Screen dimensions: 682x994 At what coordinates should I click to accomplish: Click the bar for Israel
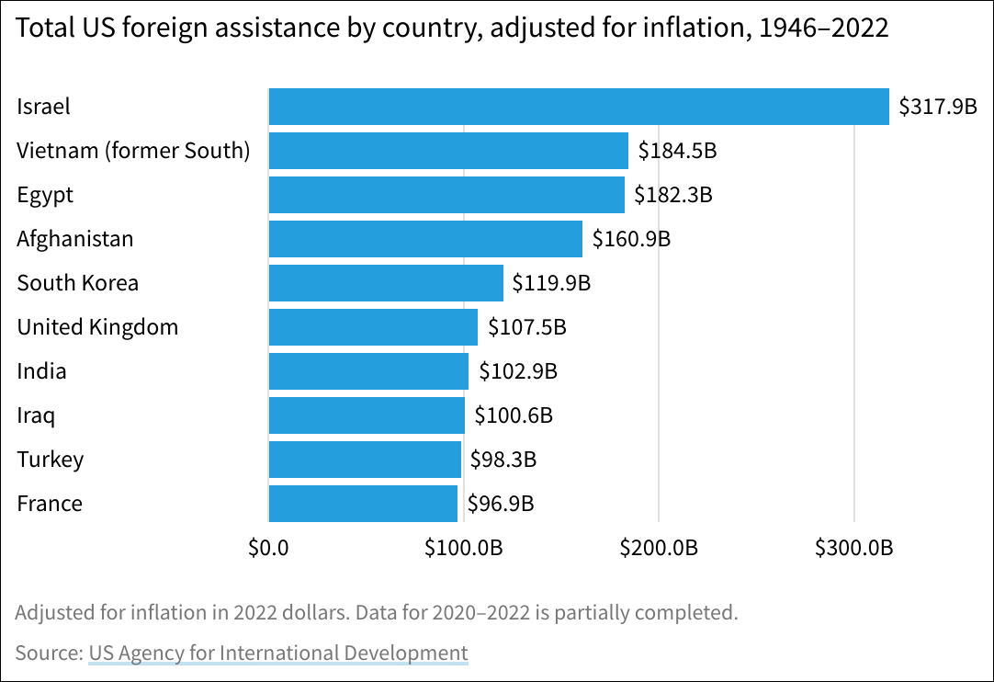pos(579,107)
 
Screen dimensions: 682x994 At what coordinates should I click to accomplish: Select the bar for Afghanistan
pos(425,239)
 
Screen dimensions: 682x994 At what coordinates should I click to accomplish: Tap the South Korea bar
pos(386,283)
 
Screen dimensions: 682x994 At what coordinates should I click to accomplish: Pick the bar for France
pos(363,504)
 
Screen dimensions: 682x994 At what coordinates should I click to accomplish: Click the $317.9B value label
pos(937,107)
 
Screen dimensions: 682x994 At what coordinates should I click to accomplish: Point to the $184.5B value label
pos(677,151)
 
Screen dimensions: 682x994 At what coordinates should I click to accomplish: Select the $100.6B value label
pos(514,415)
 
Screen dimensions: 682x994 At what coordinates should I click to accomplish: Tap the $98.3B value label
pos(503,460)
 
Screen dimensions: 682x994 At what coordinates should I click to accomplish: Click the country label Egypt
pos(45,195)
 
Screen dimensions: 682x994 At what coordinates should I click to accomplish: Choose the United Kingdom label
pos(97,327)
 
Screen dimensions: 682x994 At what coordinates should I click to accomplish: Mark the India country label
pos(41,371)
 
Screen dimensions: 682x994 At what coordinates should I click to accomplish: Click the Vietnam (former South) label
pos(133,151)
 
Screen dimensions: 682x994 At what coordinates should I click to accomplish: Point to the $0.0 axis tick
pos(269,549)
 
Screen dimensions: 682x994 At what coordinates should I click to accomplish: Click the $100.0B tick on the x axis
pos(463,549)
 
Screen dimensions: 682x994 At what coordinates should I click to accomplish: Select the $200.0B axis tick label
pos(659,549)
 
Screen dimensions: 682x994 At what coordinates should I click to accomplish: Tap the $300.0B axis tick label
pos(854,549)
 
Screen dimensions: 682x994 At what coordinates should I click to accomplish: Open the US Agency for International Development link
pos(278,654)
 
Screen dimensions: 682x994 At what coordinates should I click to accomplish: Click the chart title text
pos(453,28)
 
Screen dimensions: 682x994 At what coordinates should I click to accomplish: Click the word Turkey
pos(51,460)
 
